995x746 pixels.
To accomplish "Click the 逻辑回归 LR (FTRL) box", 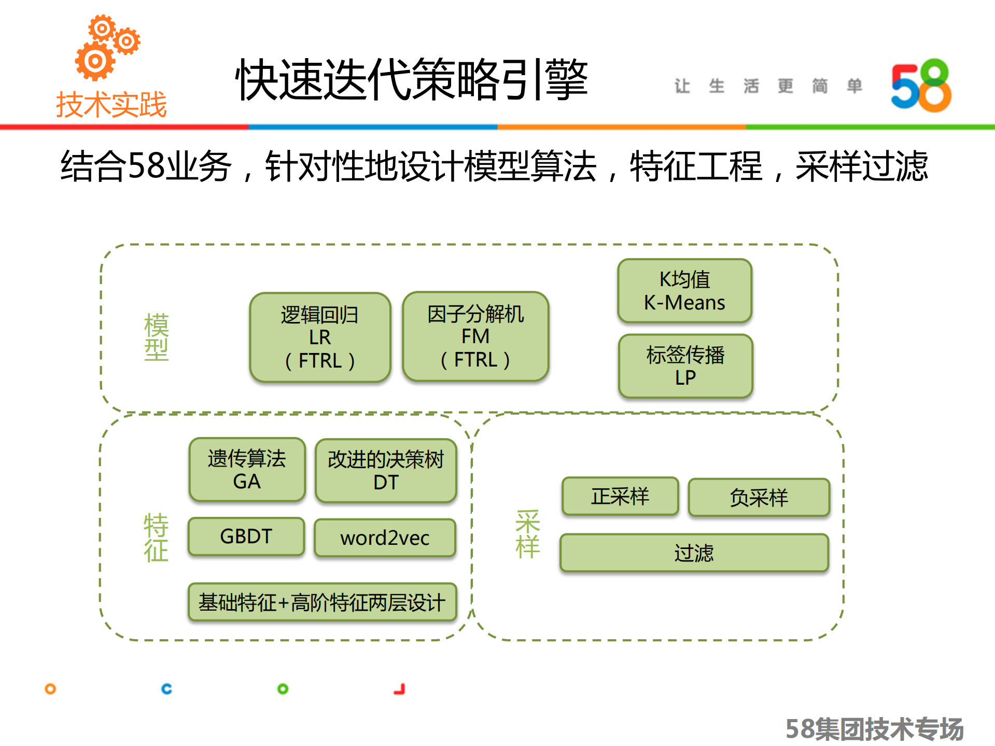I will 320,337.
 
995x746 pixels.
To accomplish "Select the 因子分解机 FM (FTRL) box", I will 475,336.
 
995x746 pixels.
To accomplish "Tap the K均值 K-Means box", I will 684,291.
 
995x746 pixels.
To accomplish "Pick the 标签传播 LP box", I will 685,366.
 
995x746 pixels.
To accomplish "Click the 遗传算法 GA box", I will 247,470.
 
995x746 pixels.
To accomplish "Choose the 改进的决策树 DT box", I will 386,471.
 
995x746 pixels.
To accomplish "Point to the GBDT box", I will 246,537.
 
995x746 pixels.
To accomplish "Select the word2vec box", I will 385,538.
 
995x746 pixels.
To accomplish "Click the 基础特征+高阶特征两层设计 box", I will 322,602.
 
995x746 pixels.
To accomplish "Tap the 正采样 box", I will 620,496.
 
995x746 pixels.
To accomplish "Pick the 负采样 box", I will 759,498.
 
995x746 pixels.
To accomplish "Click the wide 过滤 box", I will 694,553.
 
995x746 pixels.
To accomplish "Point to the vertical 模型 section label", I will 156,337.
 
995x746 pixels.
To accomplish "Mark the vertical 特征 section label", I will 156,538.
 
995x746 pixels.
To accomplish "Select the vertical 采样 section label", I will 528,534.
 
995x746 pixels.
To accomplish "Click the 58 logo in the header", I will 921,86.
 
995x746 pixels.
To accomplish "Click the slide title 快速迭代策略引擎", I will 412,80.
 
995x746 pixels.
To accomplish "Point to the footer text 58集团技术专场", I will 874,729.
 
